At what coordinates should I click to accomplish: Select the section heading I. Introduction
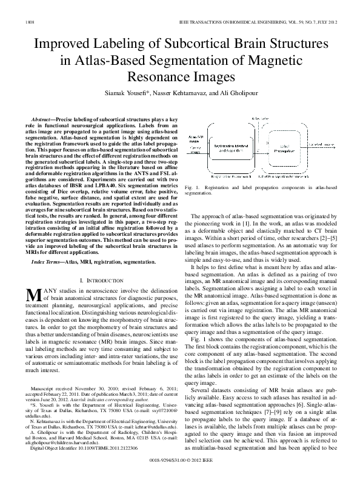(102, 280)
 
